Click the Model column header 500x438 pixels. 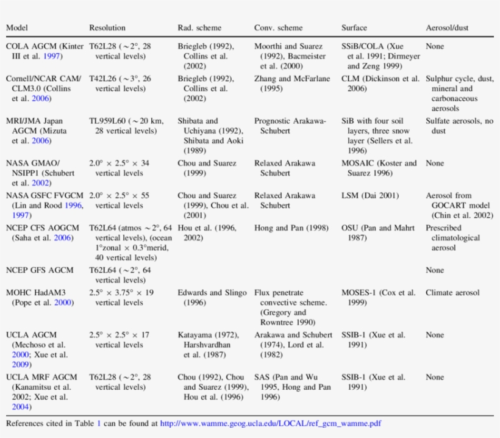pos(17,28)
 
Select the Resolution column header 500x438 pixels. pos(107,28)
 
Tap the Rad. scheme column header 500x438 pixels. pos(199,28)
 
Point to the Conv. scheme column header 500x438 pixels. pos(278,28)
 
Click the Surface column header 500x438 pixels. pos(354,28)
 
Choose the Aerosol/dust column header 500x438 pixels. pos(447,28)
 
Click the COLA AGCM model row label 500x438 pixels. pos(43,51)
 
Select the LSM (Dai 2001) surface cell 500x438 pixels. pos(370,196)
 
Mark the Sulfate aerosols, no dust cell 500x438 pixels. pos(459,126)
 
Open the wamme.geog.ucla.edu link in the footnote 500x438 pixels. pos(271,423)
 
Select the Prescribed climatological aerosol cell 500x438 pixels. pos(452,238)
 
